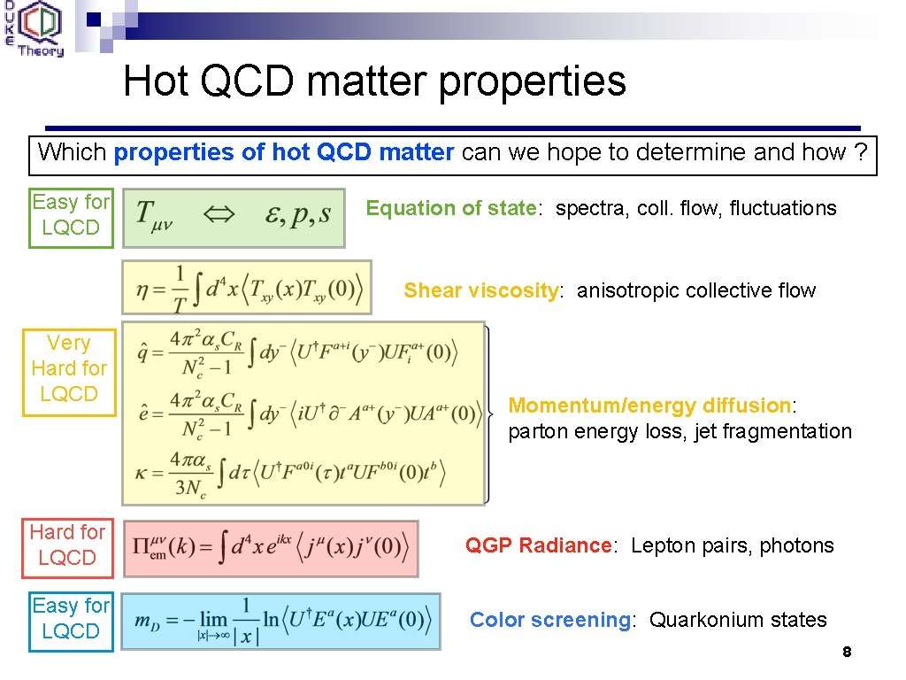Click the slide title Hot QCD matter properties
click(x=374, y=81)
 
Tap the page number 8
click(x=847, y=653)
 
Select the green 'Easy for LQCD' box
click(x=71, y=215)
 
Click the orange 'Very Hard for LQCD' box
click(x=69, y=368)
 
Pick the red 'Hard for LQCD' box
click(x=67, y=545)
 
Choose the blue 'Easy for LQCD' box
click(x=71, y=618)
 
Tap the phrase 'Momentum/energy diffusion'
click(x=650, y=406)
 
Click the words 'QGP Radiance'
click(x=538, y=545)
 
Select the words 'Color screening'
click(x=549, y=620)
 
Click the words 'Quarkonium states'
click(x=738, y=620)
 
